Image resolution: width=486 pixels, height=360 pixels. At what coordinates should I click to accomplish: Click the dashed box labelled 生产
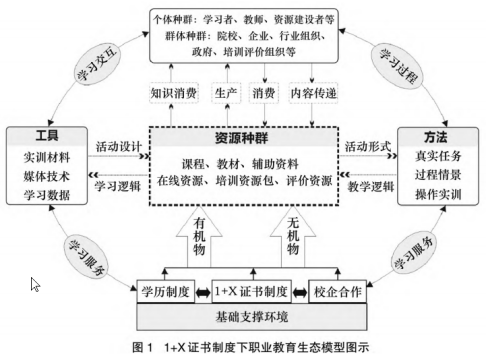[226, 94]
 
